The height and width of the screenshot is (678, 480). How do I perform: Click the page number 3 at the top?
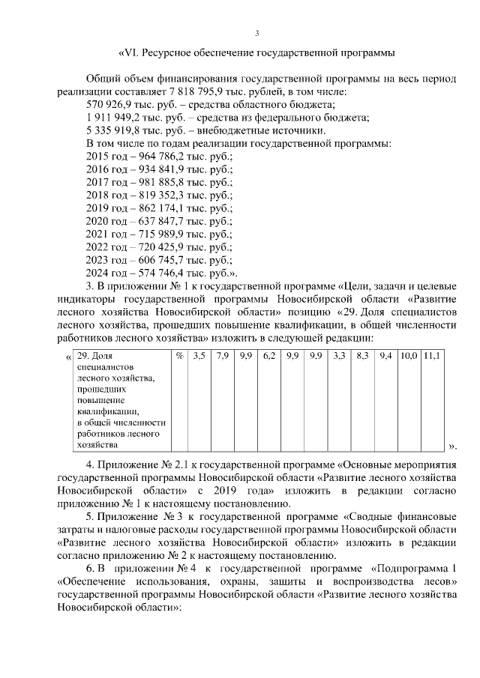[256, 33]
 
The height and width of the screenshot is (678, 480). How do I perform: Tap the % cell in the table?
[179, 356]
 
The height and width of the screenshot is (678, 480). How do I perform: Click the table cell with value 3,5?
[199, 356]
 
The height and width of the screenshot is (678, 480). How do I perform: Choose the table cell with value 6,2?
[268, 356]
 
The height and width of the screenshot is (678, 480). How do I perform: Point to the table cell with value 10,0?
[409, 356]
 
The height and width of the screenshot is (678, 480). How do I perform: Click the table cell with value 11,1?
[432, 356]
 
